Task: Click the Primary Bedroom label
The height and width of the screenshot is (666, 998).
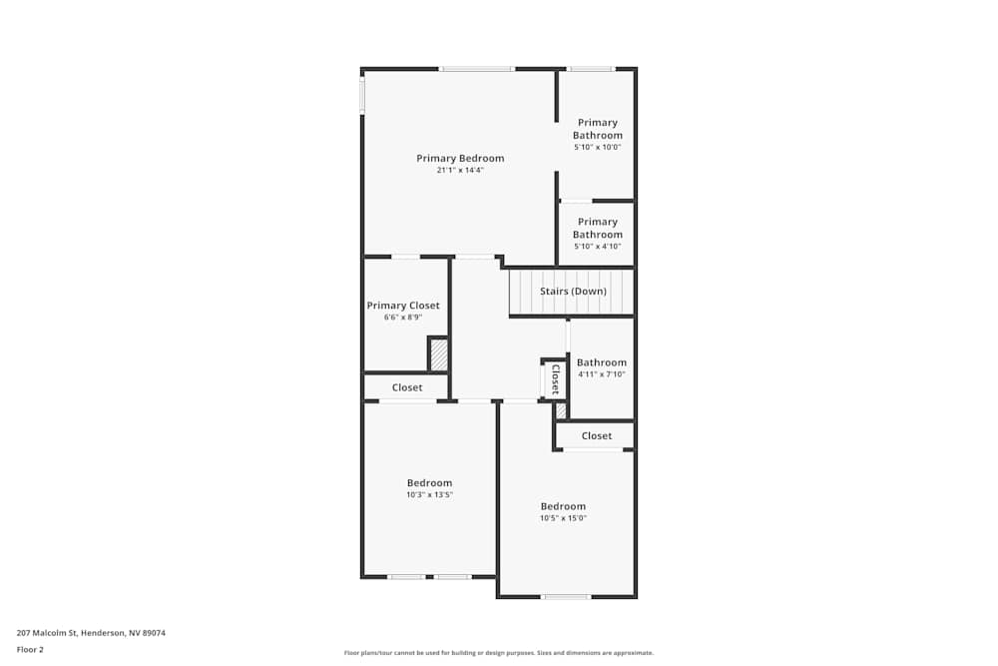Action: [460, 158]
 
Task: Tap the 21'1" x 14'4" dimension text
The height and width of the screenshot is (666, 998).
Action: [460, 171]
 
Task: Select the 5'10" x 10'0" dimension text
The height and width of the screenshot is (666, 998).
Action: [597, 148]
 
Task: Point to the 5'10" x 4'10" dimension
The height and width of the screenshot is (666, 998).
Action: [597, 247]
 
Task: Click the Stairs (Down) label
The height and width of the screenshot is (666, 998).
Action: [573, 292]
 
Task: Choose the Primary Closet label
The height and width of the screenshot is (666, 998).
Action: [403, 306]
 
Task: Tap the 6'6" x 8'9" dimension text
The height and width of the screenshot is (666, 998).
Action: [403, 318]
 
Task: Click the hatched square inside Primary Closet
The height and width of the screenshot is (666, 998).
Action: [438, 354]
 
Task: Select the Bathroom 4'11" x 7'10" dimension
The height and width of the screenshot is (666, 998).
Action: [601, 375]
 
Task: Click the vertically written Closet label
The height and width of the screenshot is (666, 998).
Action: [556, 379]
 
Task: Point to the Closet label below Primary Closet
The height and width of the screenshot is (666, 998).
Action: [407, 387]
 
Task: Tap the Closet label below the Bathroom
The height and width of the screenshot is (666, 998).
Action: [597, 436]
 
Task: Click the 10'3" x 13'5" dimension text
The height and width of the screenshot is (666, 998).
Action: [429, 495]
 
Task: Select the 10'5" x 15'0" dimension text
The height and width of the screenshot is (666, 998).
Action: [563, 518]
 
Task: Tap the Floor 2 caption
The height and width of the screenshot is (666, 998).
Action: [30, 649]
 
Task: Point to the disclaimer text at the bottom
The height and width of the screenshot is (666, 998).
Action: [499, 653]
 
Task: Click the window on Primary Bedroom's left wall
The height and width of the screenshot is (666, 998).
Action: [362, 95]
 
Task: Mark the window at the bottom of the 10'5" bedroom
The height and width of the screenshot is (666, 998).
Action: [566, 597]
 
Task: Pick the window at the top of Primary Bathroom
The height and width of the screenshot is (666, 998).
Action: [590, 69]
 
